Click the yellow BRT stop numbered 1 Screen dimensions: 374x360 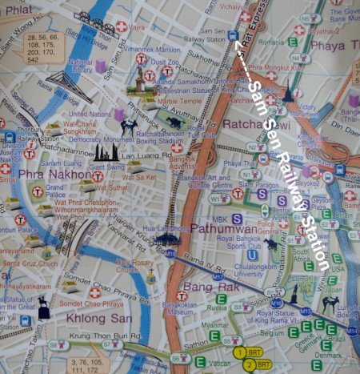(x=238, y=352)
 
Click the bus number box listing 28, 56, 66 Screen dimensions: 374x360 (x=44, y=48)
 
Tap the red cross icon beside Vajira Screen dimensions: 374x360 (x=121, y=26)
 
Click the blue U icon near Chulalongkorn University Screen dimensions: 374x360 (x=253, y=255)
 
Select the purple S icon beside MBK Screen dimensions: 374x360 (x=237, y=219)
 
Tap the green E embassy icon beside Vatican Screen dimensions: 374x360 (x=200, y=361)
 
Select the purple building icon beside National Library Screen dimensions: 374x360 (x=100, y=66)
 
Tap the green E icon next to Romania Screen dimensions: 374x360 (x=293, y=42)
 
